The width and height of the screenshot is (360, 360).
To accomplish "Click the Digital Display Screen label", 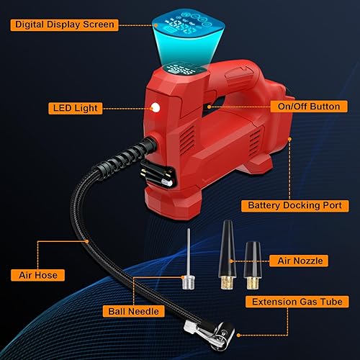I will coord(63,24).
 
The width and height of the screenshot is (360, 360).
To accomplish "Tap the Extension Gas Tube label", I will coord(297,301).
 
